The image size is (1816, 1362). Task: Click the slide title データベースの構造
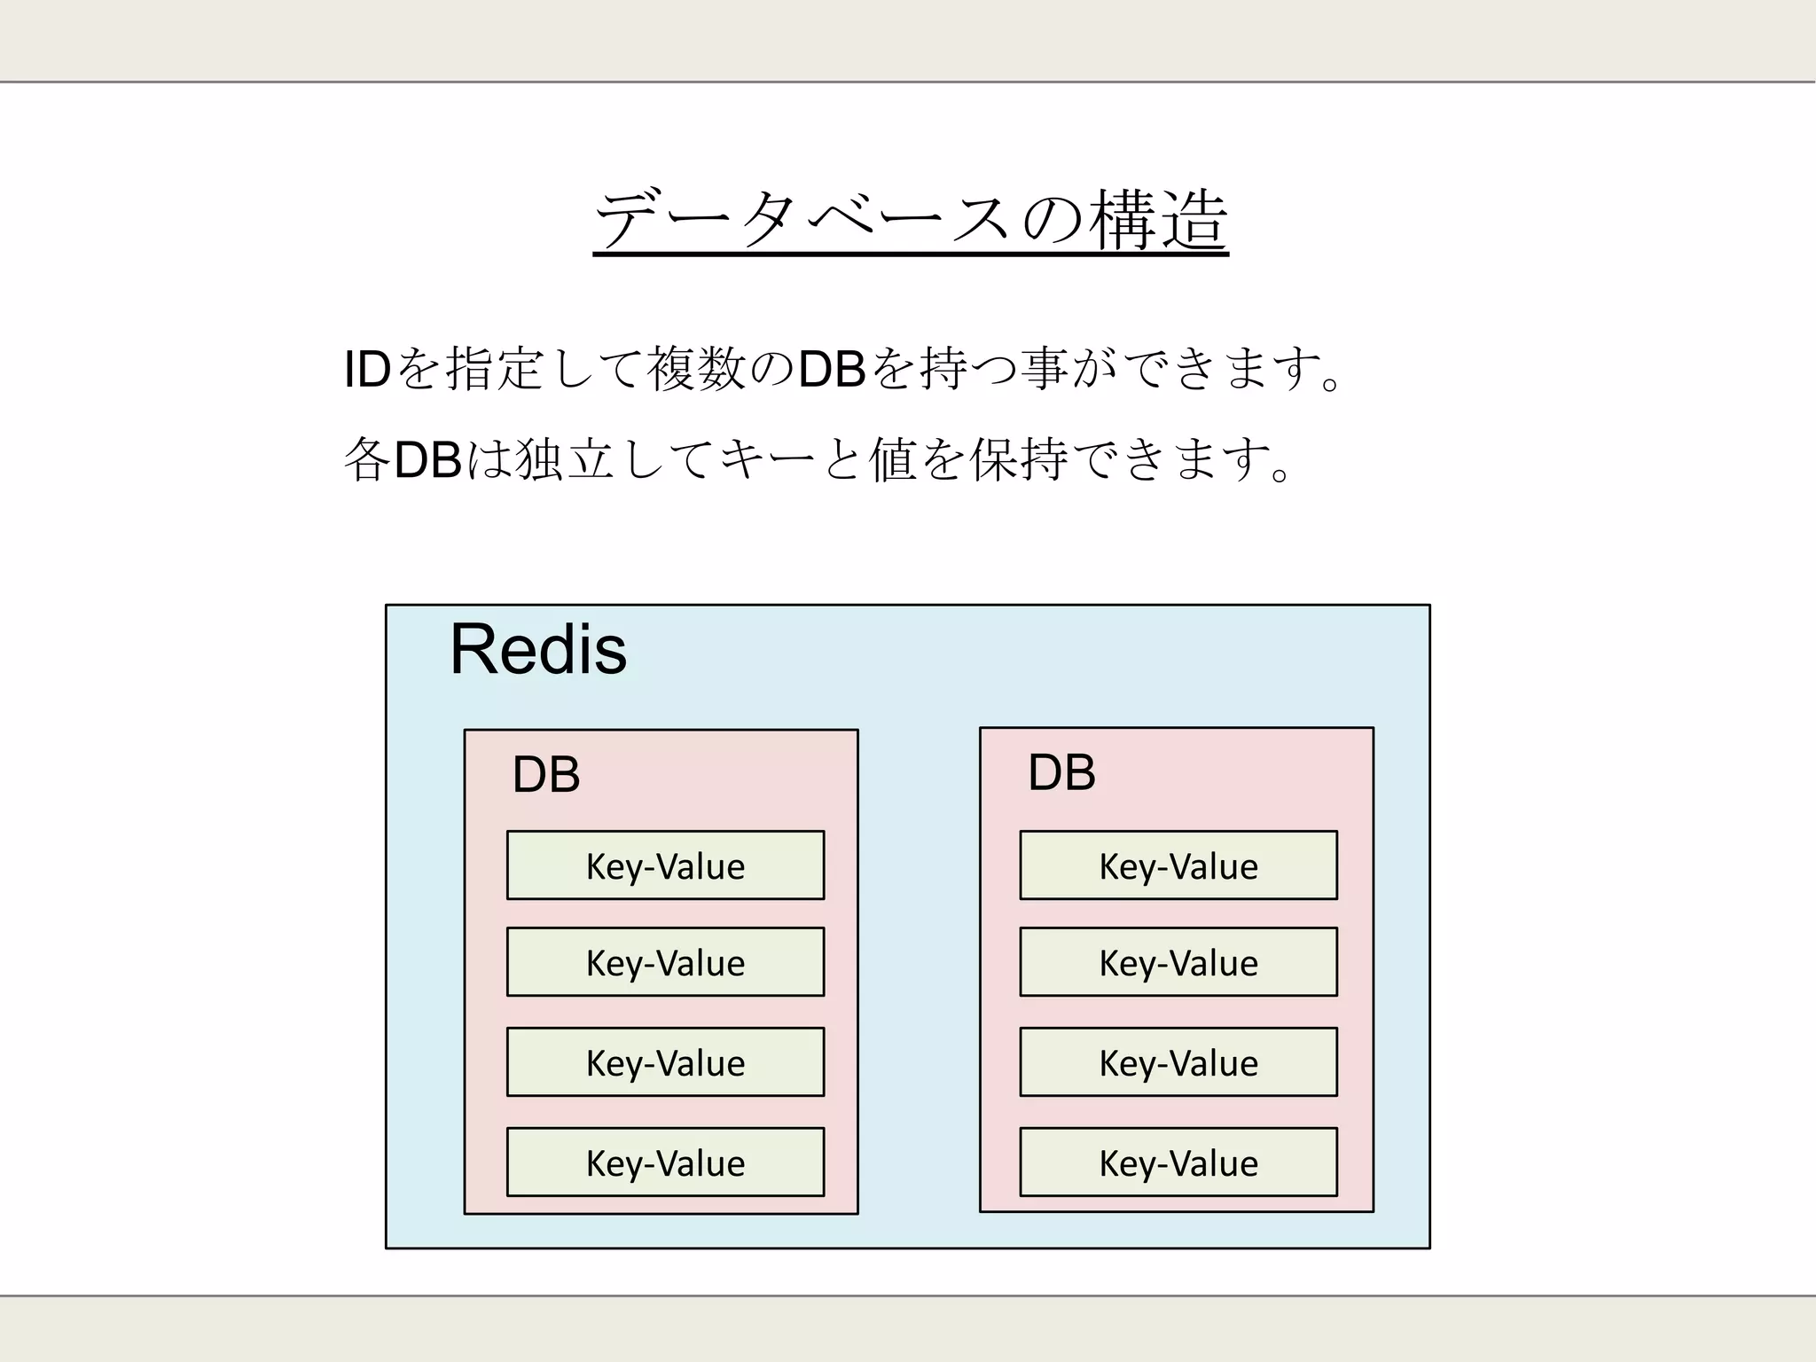pos(911,220)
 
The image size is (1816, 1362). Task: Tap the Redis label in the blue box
pos(538,649)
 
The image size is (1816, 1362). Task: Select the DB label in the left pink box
pos(546,774)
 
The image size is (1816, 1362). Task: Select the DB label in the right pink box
pos(1061,771)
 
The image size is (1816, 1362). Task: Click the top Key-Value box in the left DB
pos(665,865)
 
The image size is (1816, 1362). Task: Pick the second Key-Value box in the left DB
pos(665,962)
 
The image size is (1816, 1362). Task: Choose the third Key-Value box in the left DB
pos(665,1062)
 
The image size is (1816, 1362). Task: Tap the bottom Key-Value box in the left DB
pos(665,1162)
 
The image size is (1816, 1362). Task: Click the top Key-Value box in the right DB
pos(1178,865)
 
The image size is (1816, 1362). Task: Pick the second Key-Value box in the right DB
pos(1178,962)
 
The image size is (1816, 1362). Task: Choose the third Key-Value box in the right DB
pos(1178,1062)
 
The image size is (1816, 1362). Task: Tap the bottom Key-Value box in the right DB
pos(1178,1162)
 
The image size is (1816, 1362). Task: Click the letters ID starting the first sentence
pos(367,369)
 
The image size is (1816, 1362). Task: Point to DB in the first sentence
pos(831,369)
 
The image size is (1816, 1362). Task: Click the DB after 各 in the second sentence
pos(427,459)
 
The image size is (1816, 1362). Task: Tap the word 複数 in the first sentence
pos(696,369)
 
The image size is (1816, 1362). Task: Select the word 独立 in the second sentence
pos(565,459)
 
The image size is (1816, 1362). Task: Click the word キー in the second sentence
pos(766,459)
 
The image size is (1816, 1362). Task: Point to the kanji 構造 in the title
pos(1158,220)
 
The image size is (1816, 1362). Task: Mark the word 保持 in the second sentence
pos(1019,459)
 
